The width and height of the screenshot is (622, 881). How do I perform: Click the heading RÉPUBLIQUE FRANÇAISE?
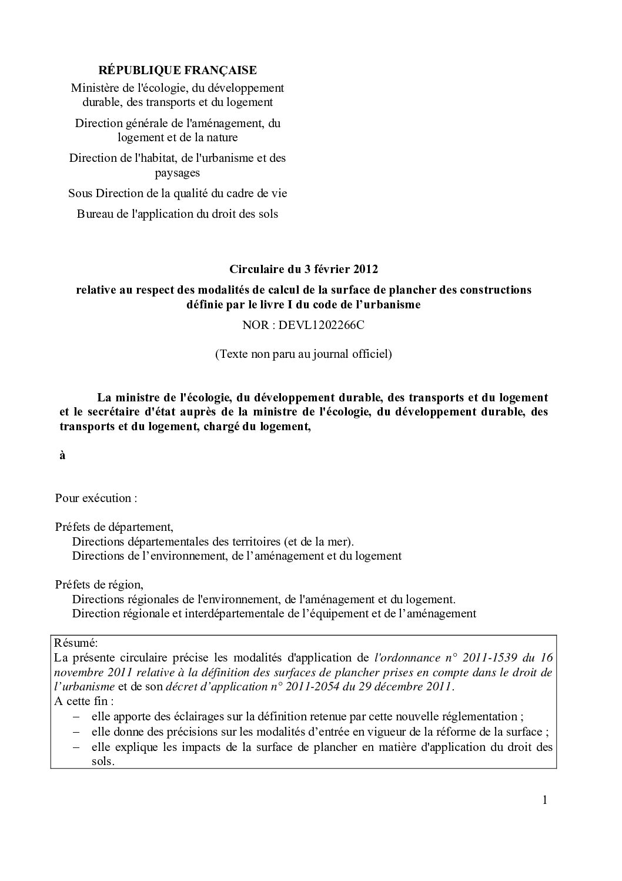(177, 70)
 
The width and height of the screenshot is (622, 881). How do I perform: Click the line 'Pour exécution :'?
(96, 498)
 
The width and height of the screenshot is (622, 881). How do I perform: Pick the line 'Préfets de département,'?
(114, 527)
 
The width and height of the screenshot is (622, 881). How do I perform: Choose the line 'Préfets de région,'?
(99, 585)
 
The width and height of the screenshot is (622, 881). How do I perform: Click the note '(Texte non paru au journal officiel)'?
(303, 354)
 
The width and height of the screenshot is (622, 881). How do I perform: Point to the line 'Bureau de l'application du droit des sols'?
(177, 214)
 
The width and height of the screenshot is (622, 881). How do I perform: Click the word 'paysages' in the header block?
(178, 172)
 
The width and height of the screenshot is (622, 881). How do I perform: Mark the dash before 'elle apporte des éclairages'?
(76, 717)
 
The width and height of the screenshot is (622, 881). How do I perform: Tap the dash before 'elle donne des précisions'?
(76, 732)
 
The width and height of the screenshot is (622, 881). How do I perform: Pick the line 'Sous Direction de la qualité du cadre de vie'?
(177, 193)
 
